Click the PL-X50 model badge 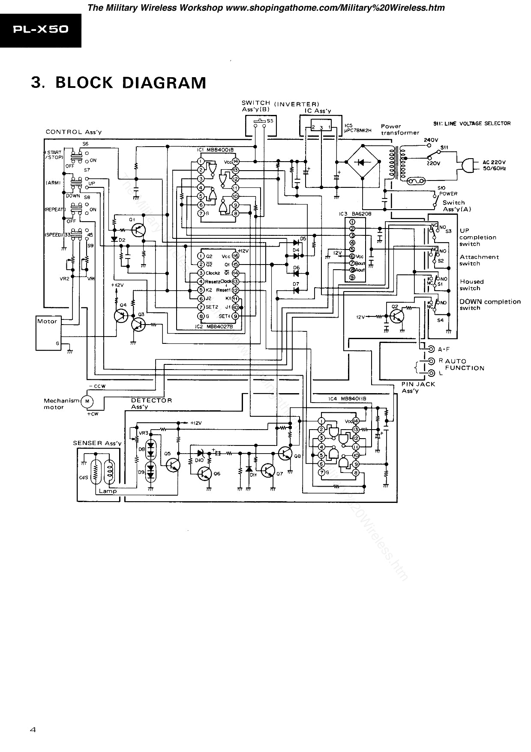[x=40, y=30]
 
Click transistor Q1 [x=138, y=230]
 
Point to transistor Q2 [x=396, y=317]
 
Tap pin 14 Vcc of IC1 [x=235, y=162]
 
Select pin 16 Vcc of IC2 [x=235, y=256]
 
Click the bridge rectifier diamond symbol [x=361, y=162]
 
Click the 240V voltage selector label [x=431, y=140]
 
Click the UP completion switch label [x=477, y=237]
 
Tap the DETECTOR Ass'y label [x=151, y=403]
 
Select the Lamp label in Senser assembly [x=108, y=491]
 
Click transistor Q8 [x=285, y=454]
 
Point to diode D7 [x=296, y=290]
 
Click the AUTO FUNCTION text [x=464, y=364]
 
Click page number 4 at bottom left [x=33, y=730]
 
